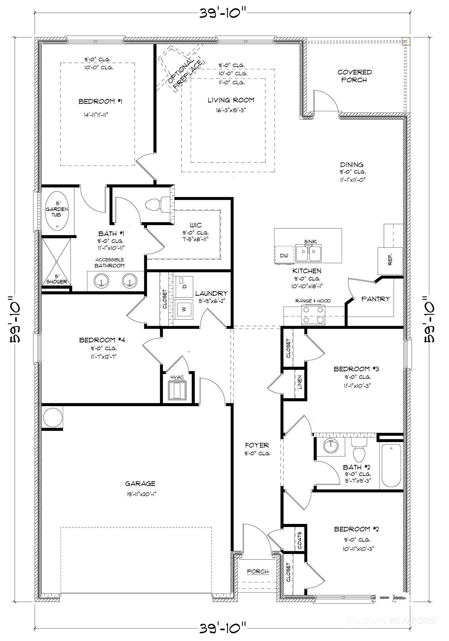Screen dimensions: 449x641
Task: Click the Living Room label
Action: (231, 100)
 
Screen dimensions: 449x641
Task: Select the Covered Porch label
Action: (355, 76)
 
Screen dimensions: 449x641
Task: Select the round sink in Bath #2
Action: (331, 446)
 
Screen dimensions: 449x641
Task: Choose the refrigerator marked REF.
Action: (390, 261)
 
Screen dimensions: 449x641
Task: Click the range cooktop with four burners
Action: (313, 315)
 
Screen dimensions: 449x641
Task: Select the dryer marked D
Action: (184, 287)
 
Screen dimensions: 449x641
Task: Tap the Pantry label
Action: (376, 299)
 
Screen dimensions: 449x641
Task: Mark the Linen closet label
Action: (300, 382)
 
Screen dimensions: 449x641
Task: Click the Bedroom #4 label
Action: (102, 340)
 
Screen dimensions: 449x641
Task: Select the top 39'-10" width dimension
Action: (222, 13)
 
